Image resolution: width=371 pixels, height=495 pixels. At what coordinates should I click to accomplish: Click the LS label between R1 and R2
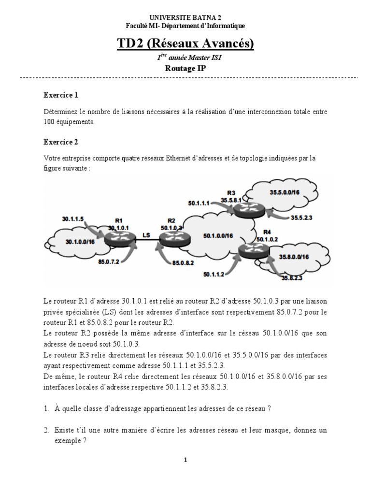pyautogui.click(x=145, y=236)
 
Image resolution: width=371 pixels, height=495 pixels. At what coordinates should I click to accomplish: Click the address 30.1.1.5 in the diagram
pyautogui.click(x=73, y=218)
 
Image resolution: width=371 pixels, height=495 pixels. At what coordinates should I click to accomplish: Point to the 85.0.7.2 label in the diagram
pyautogui.click(x=109, y=262)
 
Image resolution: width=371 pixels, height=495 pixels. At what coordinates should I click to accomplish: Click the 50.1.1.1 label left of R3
pyautogui.click(x=199, y=204)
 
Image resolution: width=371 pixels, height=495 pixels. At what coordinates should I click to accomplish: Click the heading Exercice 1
pyautogui.click(x=60, y=95)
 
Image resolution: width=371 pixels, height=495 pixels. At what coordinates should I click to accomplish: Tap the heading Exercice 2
pyautogui.click(x=60, y=142)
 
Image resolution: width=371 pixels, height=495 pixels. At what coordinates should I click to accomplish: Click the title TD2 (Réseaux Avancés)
pyautogui.click(x=185, y=44)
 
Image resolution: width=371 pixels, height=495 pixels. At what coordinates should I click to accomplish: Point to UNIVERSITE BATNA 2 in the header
pyautogui.click(x=185, y=18)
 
